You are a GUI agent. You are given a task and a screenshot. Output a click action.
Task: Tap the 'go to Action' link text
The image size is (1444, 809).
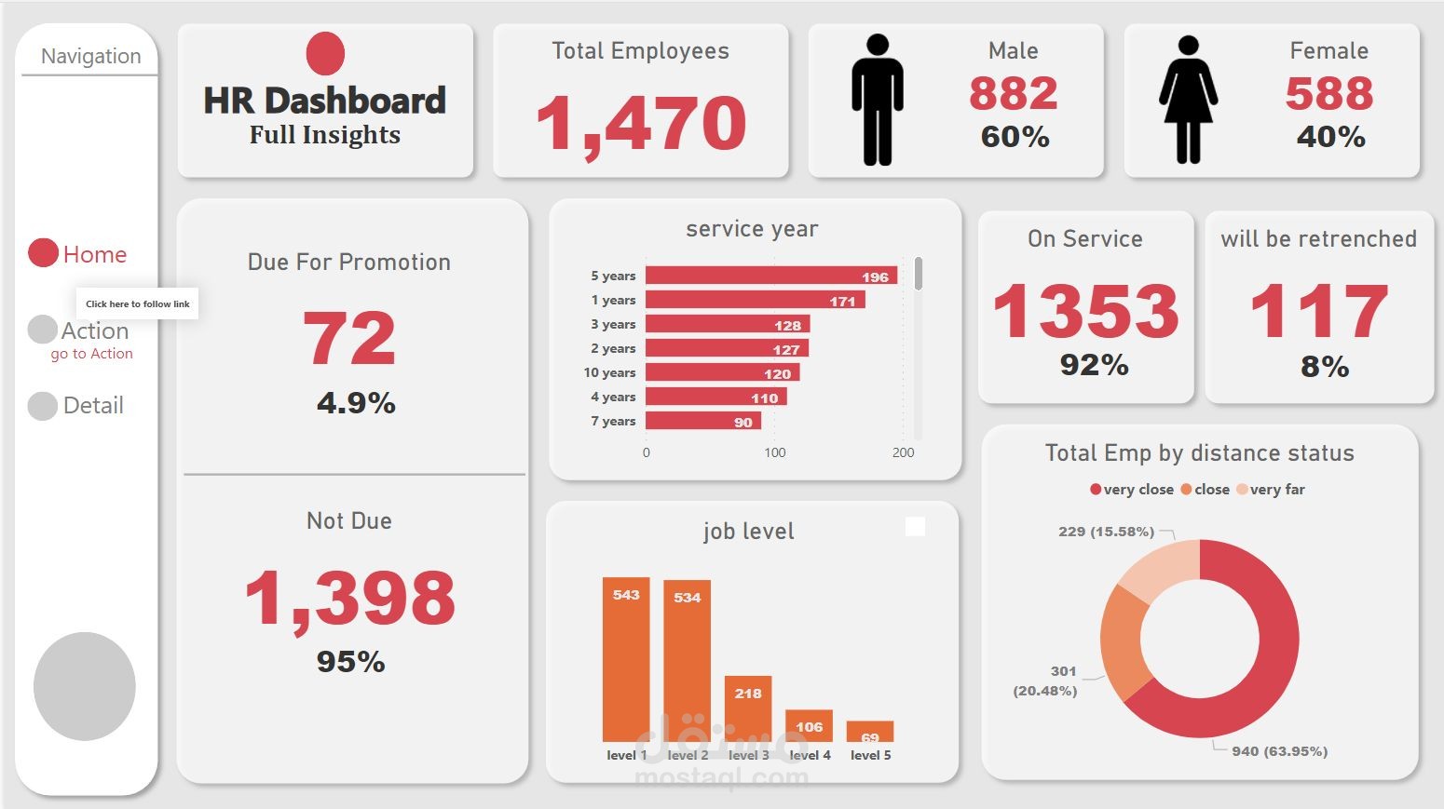click(91, 354)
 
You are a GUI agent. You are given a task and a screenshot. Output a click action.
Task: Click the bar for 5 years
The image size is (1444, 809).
click(770, 276)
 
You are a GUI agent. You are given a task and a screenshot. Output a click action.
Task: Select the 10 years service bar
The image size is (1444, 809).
click(722, 372)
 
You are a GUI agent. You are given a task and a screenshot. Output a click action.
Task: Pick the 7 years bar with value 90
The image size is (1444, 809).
click(702, 421)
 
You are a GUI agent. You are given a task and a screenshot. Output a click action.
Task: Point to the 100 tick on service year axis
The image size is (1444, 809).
click(774, 452)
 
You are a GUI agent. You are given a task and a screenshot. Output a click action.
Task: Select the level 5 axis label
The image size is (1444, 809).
click(870, 755)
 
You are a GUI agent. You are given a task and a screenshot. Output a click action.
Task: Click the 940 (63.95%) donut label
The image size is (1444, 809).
click(1279, 751)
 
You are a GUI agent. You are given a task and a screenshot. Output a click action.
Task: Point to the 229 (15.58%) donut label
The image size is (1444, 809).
click(1106, 532)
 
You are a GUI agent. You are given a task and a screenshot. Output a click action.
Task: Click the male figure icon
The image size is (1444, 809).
click(877, 101)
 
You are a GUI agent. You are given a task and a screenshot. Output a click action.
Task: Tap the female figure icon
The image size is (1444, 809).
click(1188, 101)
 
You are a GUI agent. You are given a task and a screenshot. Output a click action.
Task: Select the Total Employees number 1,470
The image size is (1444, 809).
click(641, 123)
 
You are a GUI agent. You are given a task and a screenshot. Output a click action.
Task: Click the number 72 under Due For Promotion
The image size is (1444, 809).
click(349, 338)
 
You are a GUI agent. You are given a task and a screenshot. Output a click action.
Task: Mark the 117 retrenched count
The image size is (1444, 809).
click(1318, 311)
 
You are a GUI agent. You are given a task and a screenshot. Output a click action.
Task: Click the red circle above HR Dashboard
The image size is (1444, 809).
click(325, 53)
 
